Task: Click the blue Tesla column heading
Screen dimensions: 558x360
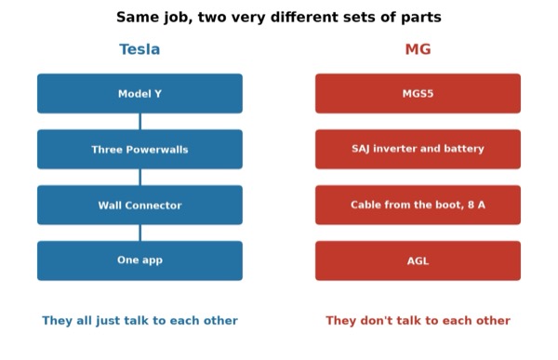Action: coord(139,49)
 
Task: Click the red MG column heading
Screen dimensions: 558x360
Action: coord(418,49)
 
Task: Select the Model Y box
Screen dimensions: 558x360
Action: coord(139,94)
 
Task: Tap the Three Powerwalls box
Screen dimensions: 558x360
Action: coord(139,149)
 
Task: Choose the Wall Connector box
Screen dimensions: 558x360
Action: coord(139,205)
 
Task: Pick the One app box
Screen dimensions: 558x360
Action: coord(139,260)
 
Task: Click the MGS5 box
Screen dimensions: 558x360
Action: coord(418,94)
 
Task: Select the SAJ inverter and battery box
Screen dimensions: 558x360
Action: coord(418,149)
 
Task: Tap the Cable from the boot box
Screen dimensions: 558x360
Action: coord(418,205)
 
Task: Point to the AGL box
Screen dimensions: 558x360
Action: coord(418,260)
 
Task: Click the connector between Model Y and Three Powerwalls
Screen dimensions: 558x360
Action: coord(139,122)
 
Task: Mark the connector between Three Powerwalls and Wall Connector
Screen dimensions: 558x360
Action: coord(139,177)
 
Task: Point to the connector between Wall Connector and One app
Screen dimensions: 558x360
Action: coord(139,233)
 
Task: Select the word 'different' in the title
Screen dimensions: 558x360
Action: coord(304,17)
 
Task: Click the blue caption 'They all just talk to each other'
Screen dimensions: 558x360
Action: coord(139,321)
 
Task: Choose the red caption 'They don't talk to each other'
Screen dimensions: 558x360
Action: coord(418,321)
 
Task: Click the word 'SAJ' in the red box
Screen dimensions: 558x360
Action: coord(361,149)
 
